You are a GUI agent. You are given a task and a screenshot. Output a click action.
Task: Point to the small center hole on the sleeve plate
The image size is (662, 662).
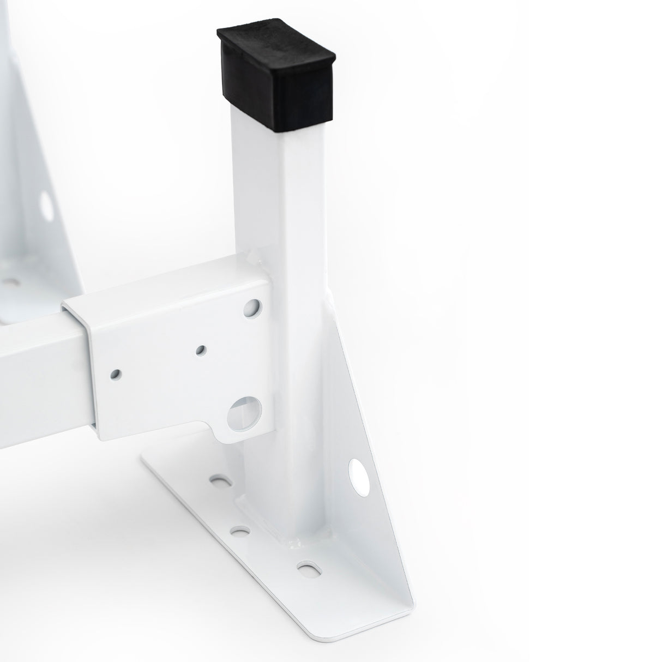(x=201, y=349)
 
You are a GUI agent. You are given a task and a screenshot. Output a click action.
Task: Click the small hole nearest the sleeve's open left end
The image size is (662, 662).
(x=116, y=374)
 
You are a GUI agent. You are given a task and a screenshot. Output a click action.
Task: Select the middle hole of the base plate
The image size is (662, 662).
(x=238, y=529)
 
